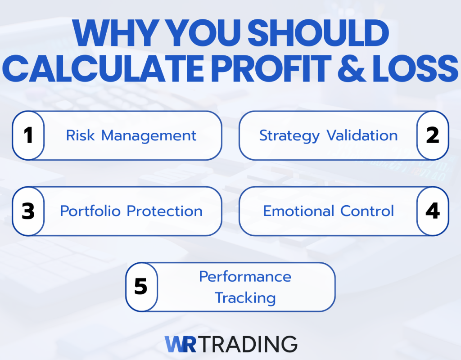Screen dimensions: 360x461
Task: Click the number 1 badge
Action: [x=28, y=135]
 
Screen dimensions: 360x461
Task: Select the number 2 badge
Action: [x=433, y=135]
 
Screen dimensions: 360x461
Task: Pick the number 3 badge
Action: [x=28, y=211]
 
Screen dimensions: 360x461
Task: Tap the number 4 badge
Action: [x=433, y=211]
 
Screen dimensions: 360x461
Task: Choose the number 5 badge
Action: [x=141, y=287]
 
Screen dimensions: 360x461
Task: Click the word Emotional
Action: [x=299, y=211]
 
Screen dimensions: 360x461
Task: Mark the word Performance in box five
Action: [x=245, y=276]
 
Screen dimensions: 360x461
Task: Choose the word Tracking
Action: [x=245, y=297]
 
